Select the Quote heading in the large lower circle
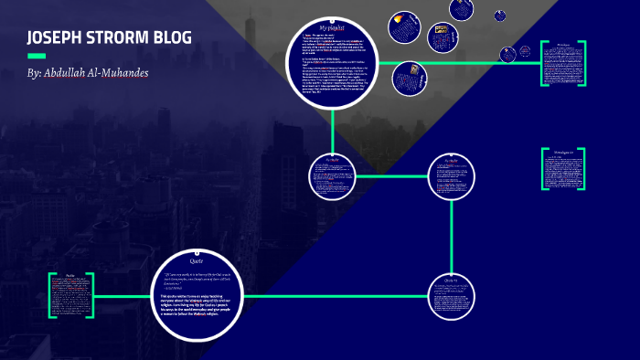pos(197,259)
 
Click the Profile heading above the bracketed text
pos(69,276)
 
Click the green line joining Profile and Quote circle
pos(121,296)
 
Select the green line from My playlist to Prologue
pos(457,63)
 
